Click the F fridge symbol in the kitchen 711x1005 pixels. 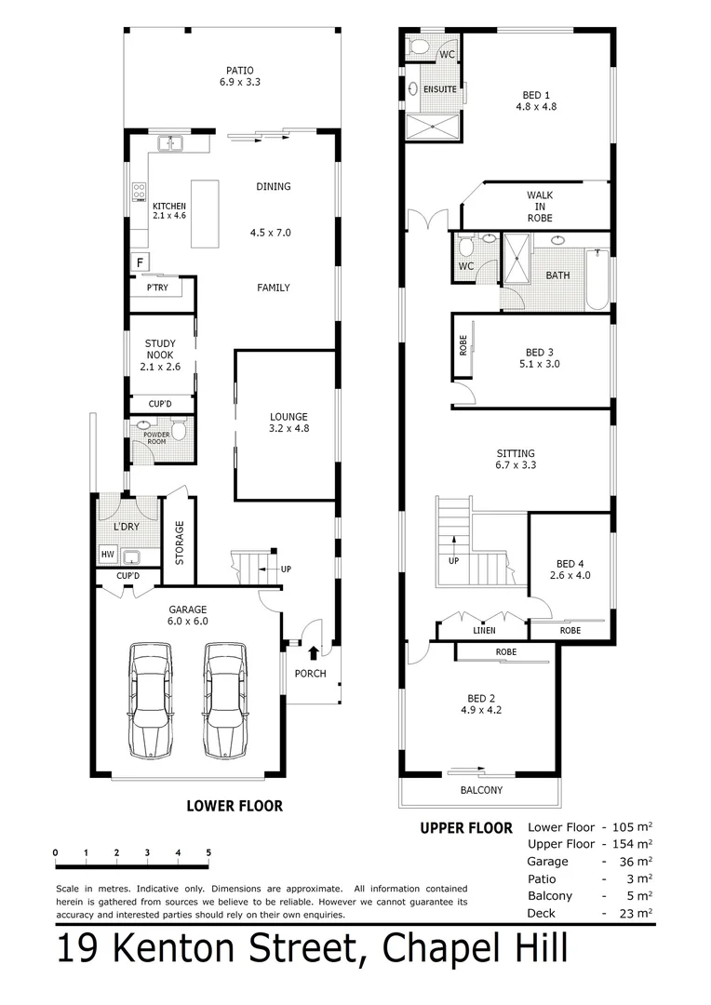pos(140,261)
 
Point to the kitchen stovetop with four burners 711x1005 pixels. pos(139,193)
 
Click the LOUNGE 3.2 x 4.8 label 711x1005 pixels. pos(288,422)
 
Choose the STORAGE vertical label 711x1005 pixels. pos(179,543)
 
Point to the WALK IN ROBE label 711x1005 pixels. pos(540,207)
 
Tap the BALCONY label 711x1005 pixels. pos(481,790)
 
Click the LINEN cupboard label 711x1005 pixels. pos(484,631)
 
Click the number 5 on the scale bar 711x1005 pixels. pos(208,852)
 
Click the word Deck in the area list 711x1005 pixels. pos(543,914)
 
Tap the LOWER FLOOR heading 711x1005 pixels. pos(235,806)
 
